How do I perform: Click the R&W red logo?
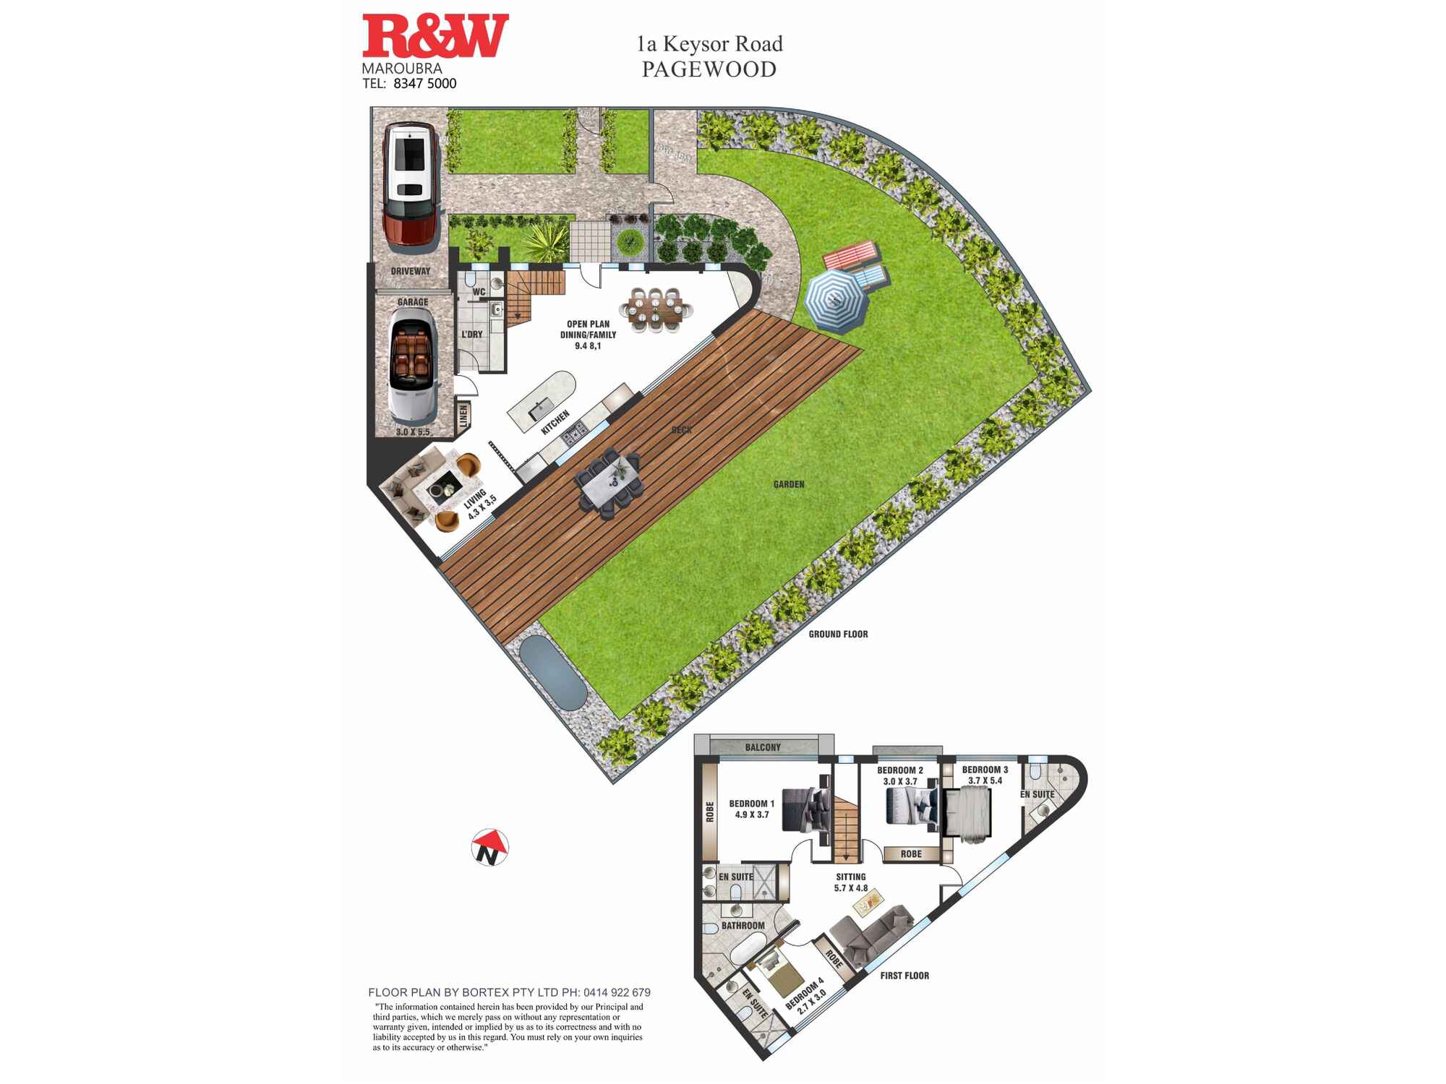435,36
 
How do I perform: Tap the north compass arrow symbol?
490,847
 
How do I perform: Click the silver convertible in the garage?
413,368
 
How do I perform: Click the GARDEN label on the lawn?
789,484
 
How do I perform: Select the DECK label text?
681,430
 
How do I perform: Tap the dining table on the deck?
609,481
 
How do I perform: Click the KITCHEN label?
555,422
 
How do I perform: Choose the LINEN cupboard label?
463,416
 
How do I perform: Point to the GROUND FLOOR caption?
838,635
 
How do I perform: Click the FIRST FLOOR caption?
904,976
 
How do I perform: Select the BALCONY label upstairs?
763,747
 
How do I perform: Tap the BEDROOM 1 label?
751,804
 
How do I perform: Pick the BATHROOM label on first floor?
743,926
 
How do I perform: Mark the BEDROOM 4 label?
805,994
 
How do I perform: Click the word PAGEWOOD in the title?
709,69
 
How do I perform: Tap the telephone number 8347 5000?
424,84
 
